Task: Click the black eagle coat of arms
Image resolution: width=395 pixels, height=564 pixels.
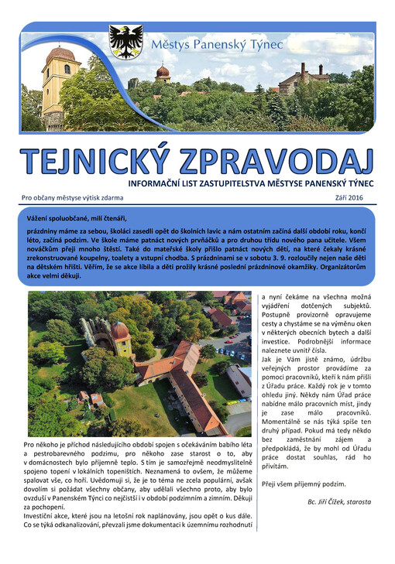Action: tap(125, 41)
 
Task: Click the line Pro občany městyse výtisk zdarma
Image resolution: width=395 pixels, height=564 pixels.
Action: tap(72, 199)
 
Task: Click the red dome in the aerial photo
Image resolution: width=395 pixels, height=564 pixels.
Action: tap(120, 333)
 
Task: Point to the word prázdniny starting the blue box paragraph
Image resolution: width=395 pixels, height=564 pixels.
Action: tap(45, 231)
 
